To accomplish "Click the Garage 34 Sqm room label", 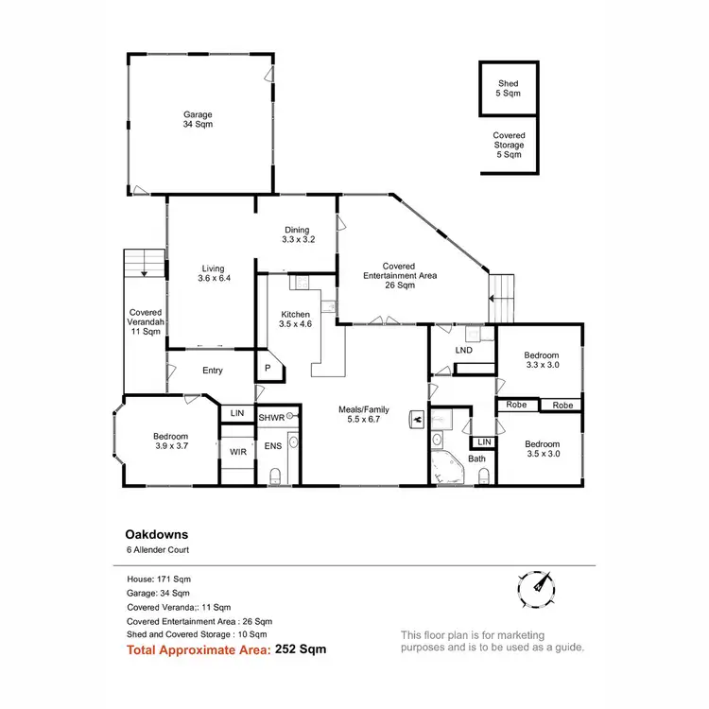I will coord(198,118).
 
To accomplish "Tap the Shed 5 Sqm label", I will coord(509,90).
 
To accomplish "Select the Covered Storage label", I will coord(509,145).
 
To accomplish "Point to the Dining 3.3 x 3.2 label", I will coord(298,234).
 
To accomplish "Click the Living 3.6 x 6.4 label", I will coord(214,273).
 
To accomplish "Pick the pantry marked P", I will coord(268,368).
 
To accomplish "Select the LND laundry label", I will coord(463,351).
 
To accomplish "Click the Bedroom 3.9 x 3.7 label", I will coord(171,441).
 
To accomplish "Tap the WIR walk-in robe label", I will coord(238,452).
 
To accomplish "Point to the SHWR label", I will coord(271,417).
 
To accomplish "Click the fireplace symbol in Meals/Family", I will coord(415,416).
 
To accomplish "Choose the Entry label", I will coord(213,371).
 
